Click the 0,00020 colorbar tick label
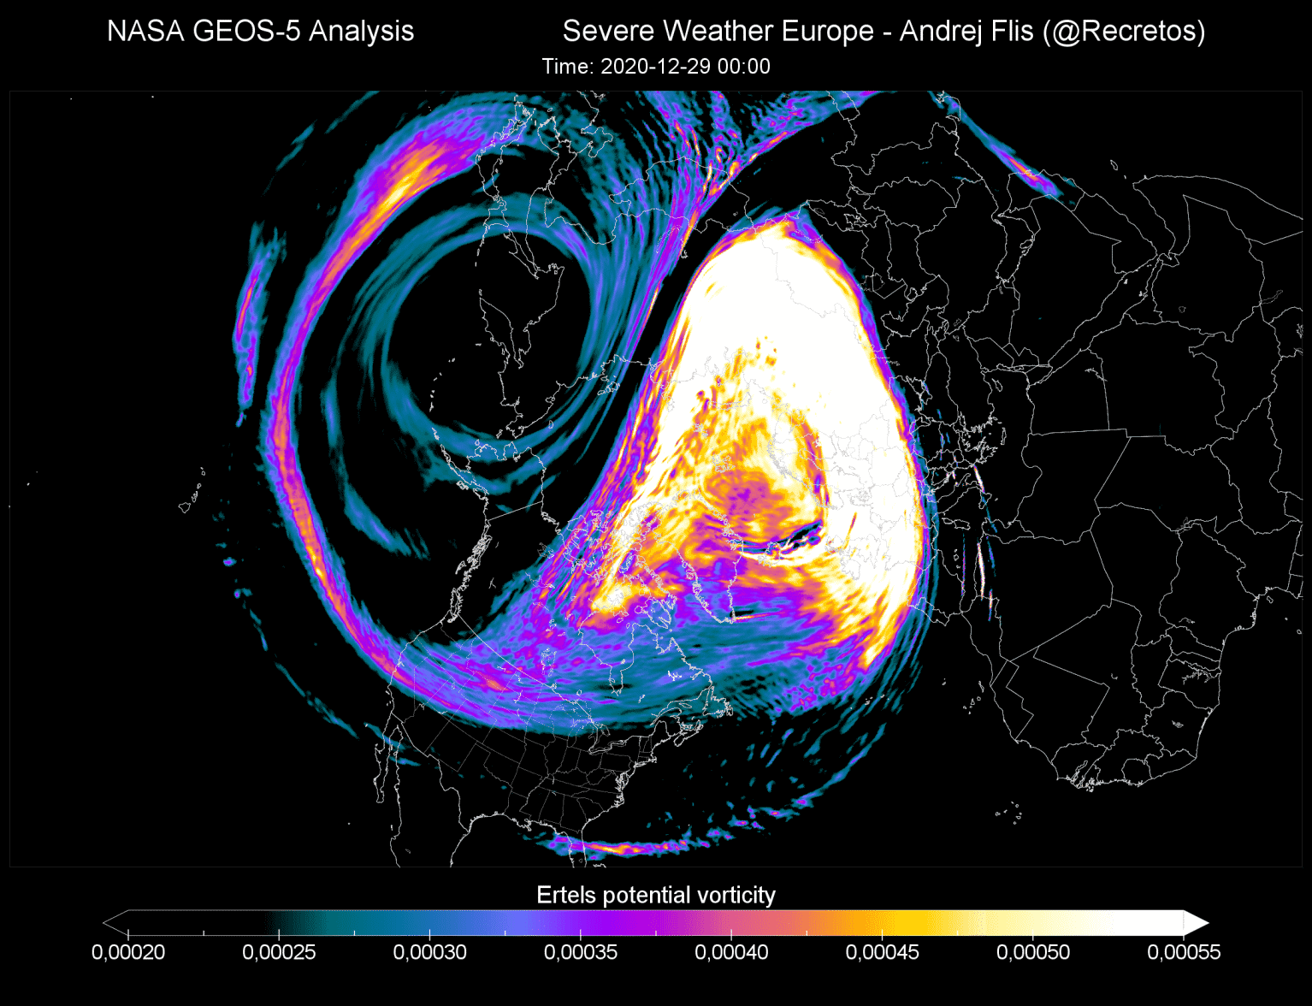128,952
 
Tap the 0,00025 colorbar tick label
279,952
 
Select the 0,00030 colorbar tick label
429,952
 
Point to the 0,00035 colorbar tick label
581,952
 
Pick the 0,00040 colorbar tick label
731,952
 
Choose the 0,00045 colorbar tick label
882,952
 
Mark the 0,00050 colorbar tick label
1033,952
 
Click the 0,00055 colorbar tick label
1184,952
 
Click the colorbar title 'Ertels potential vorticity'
656,895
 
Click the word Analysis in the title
361,32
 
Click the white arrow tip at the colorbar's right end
1197,923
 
